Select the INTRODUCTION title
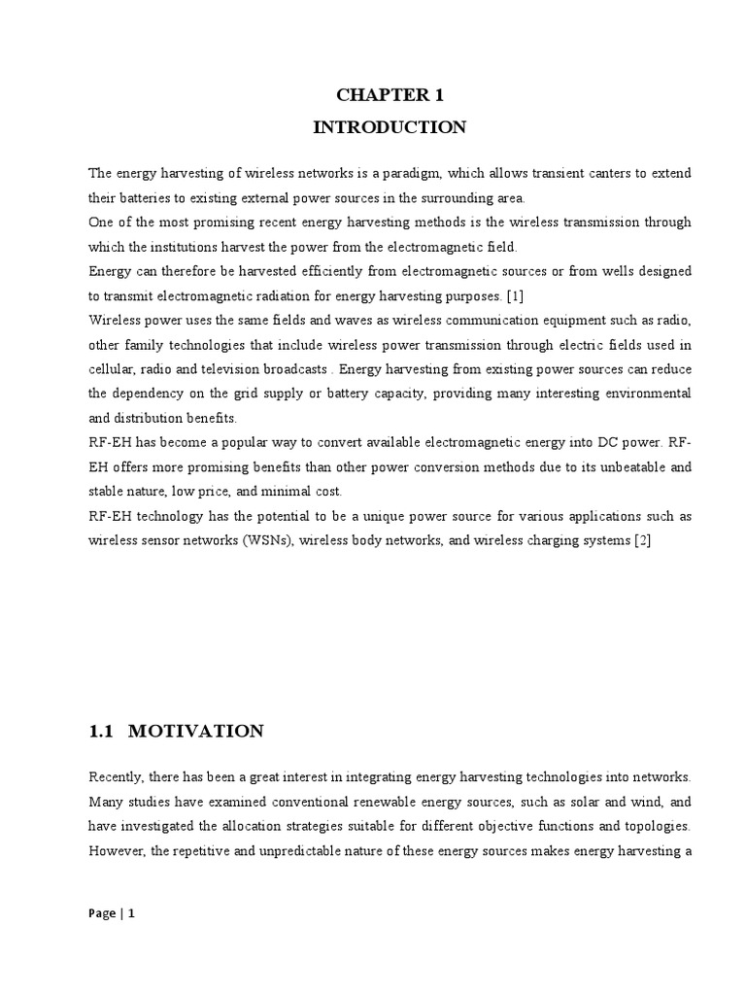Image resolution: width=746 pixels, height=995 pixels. tap(390, 127)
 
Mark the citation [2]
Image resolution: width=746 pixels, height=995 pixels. tap(641, 540)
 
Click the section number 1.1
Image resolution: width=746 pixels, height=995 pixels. tap(101, 732)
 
